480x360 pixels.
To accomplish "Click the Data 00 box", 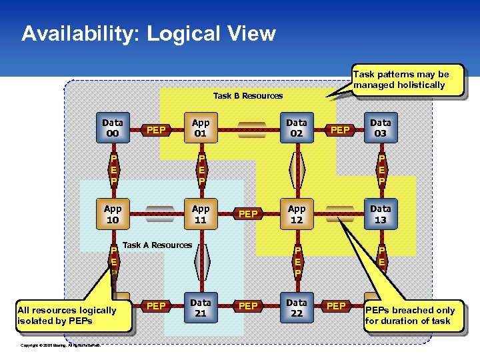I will point(113,128).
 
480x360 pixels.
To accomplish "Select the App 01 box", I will point(201,128).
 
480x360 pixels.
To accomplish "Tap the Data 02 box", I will point(297,128).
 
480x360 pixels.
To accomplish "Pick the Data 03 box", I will point(381,128).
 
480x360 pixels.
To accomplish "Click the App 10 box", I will point(113,214).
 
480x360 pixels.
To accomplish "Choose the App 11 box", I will point(201,214).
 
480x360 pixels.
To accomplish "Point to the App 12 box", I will point(297,214).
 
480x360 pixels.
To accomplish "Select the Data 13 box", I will point(381,214).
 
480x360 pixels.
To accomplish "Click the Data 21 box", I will point(201,308).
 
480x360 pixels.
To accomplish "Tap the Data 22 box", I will point(297,308).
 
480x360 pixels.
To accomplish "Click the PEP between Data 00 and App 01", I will point(156,129).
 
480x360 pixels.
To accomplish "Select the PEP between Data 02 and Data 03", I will point(340,129).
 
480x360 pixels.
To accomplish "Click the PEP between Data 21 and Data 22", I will point(248,306).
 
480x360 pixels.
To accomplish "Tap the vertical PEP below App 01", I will point(201,170).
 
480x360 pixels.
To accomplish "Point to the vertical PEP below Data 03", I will point(381,170).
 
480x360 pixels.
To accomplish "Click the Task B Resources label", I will point(247,96).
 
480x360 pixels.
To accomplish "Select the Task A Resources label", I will point(157,245).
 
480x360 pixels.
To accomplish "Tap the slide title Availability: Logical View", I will point(148,34).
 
